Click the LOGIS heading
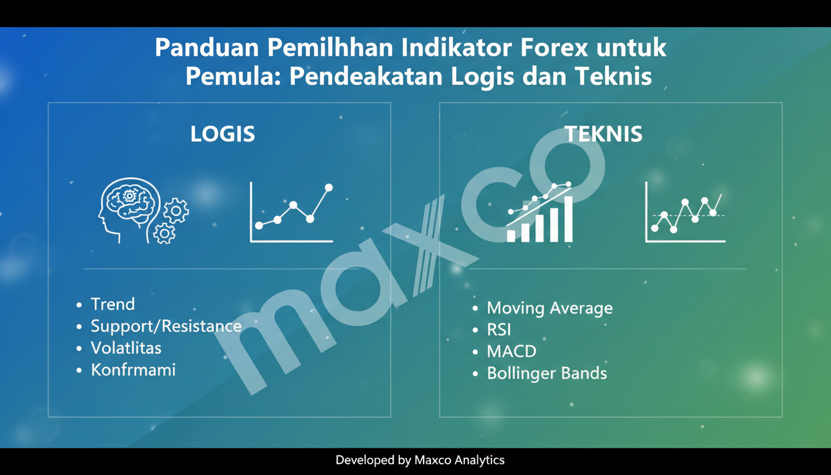[x=223, y=134]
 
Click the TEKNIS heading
[x=603, y=134]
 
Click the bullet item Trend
[x=113, y=304]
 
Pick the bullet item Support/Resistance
[x=166, y=326]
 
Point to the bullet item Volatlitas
[x=126, y=348]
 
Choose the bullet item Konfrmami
[x=133, y=370]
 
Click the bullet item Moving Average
[x=550, y=308]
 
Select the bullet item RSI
[x=499, y=330]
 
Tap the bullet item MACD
[x=511, y=351]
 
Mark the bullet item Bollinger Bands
[x=547, y=374]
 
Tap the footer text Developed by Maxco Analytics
[x=420, y=460]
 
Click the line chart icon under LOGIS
[x=292, y=212]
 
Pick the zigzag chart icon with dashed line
[x=685, y=212]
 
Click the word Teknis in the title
[x=613, y=77]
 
